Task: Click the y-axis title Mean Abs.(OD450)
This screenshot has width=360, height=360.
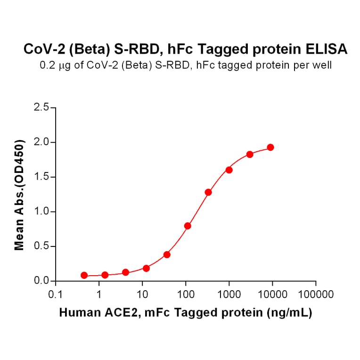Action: [19, 195]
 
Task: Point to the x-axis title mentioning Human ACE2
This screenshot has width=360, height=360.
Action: [185, 312]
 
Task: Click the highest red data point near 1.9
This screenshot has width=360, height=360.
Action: [270, 147]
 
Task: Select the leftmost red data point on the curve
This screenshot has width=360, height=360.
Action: [84, 275]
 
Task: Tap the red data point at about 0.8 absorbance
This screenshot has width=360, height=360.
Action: [188, 226]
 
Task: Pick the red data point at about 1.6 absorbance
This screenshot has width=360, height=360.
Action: [229, 170]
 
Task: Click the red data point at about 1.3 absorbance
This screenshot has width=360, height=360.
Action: [208, 192]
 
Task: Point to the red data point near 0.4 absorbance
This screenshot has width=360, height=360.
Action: [167, 254]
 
